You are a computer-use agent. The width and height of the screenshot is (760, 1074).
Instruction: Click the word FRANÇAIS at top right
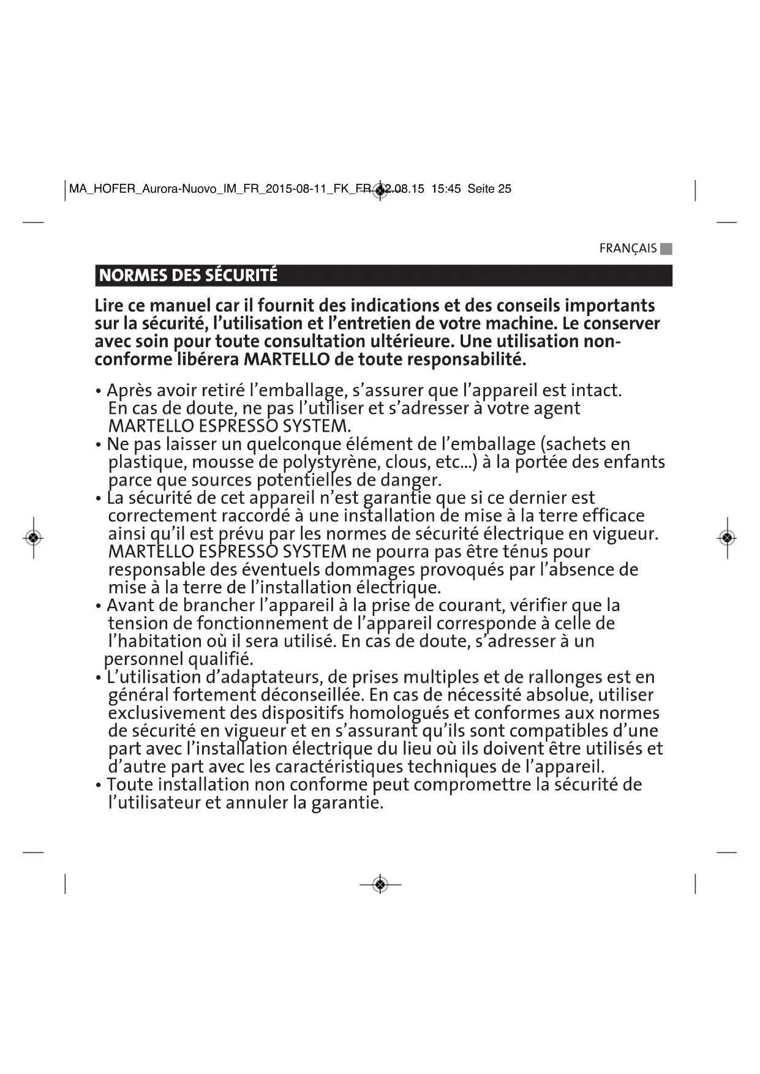click(x=627, y=249)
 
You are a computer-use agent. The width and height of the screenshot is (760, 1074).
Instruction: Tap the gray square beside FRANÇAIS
click(x=666, y=249)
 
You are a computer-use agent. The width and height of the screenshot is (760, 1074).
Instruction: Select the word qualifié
click(x=220, y=659)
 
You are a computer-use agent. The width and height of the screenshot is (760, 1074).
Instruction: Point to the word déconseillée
click(x=312, y=695)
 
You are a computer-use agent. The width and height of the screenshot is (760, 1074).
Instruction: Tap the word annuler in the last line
click(x=257, y=803)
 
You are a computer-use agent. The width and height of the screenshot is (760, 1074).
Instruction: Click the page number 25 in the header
click(x=505, y=189)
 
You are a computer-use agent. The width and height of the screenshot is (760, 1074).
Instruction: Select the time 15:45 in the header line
click(x=446, y=189)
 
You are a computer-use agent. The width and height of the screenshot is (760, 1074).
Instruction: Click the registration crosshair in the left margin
click(x=34, y=538)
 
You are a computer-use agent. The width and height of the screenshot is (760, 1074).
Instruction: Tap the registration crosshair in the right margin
click(x=727, y=538)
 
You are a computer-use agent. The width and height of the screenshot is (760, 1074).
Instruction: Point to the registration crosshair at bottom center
click(x=380, y=885)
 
